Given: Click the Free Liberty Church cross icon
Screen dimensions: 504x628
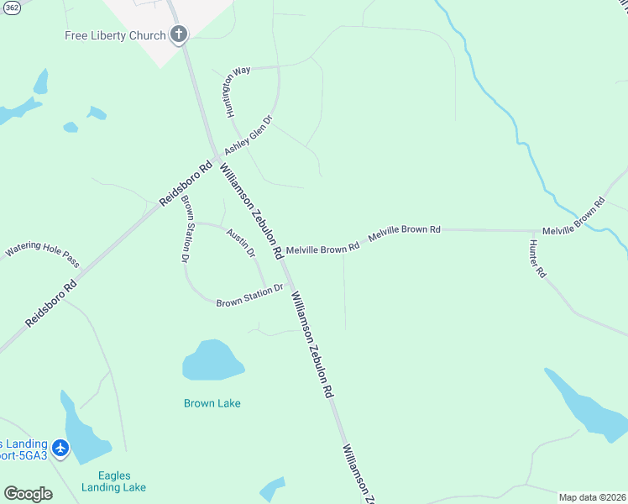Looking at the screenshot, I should click(x=178, y=34).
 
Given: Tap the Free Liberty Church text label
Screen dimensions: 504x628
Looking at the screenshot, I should click(x=116, y=35).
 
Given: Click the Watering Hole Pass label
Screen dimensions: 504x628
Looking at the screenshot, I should click(x=42, y=250).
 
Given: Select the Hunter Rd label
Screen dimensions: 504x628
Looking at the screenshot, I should click(x=537, y=260).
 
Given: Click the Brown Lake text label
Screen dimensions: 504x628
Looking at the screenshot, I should click(x=212, y=403).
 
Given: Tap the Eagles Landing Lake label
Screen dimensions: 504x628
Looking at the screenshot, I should click(x=114, y=481).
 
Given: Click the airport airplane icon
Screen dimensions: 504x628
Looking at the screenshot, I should click(x=60, y=449).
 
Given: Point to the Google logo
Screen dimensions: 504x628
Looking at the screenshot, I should click(x=28, y=494).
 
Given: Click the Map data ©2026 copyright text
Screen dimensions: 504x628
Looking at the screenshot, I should click(x=592, y=497).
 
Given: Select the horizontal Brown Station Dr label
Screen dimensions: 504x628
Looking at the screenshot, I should click(x=250, y=297).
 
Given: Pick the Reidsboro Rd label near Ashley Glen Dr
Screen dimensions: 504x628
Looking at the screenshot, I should click(x=186, y=185).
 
